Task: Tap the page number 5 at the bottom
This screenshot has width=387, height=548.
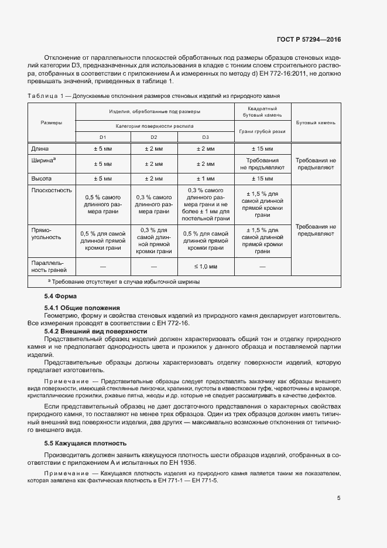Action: (339, 498)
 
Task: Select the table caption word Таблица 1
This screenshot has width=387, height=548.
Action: (45, 95)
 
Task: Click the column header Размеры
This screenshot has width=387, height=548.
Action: (52, 122)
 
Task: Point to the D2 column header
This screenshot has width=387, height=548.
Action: (154, 137)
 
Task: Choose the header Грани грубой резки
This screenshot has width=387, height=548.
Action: (262, 132)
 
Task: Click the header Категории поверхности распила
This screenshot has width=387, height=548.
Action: (155, 125)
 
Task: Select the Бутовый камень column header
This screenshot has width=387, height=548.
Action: (316, 122)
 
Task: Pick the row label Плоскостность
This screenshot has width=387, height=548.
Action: (51, 190)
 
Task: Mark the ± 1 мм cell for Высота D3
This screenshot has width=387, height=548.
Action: (205, 178)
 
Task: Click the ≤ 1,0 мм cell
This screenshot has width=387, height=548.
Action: (205, 267)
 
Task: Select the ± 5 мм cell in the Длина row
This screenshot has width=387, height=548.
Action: (102, 149)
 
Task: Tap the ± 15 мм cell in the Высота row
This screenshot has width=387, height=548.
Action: (262, 178)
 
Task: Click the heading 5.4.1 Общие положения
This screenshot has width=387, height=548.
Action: (82, 308)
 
